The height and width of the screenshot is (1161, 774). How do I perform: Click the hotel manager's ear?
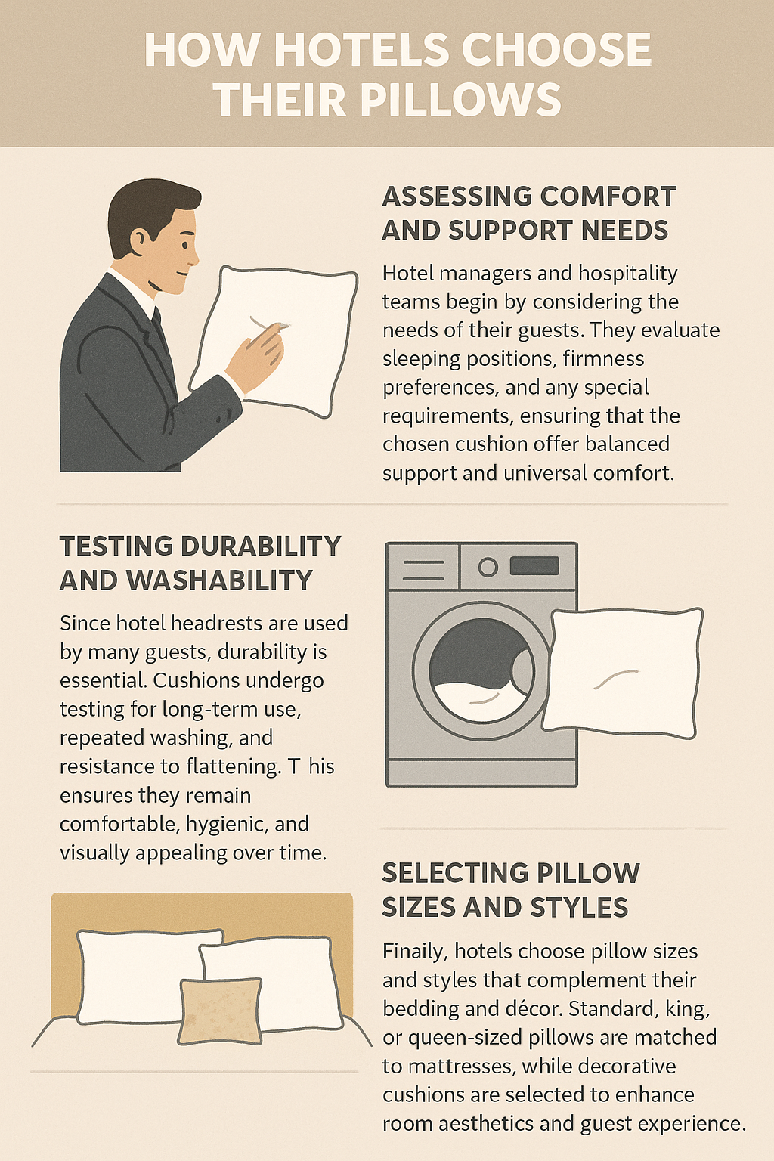point(138,240)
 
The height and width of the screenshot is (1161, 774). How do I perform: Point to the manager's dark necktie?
point(158,326)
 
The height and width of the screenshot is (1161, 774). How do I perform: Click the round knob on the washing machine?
point(488,567)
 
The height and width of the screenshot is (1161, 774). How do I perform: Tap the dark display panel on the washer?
point(534,566)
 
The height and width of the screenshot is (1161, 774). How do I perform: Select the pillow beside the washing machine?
point(622,673)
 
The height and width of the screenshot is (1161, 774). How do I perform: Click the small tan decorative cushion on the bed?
point(220,1011)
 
